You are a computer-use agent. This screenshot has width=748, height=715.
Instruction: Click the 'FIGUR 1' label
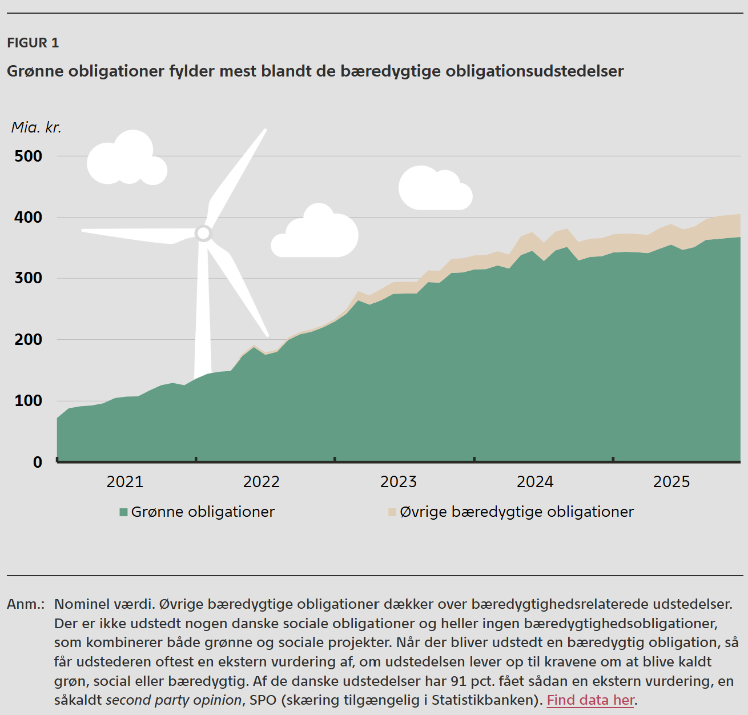pos(33,43)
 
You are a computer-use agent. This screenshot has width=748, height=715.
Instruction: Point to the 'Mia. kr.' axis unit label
pos(36,127)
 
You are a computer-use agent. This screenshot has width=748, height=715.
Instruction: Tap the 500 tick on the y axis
pos(29,156)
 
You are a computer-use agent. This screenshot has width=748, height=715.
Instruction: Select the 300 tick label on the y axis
pos(29,278)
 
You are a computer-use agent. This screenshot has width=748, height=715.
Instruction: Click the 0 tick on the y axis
pos(38,462)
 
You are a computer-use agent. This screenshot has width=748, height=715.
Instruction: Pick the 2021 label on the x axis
pos(125,482)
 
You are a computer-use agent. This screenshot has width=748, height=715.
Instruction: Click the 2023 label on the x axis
pos(399,482)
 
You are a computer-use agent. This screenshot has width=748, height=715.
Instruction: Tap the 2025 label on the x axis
pos(671,482)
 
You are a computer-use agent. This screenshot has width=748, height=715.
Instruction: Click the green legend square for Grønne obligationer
pos(123,512)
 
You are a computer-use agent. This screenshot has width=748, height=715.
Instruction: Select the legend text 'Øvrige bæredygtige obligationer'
pos(517,512)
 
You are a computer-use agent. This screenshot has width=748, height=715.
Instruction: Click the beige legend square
pos(392,512)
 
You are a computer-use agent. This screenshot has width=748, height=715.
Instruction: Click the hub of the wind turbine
pos(203,233)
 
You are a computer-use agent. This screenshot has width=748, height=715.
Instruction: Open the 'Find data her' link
pos(590,700)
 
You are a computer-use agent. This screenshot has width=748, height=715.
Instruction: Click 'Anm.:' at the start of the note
pos(26,604)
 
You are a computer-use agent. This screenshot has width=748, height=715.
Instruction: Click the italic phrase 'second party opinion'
pos(174,700)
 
